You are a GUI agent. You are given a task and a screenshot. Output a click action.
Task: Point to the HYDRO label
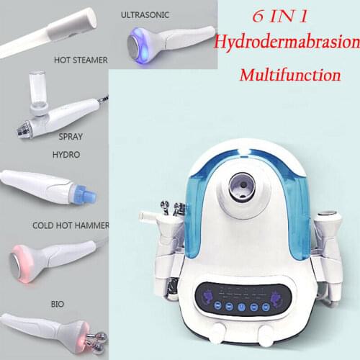66,154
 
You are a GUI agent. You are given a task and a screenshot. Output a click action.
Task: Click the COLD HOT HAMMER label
71,225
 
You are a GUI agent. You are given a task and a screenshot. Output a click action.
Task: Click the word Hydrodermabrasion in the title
284,43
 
